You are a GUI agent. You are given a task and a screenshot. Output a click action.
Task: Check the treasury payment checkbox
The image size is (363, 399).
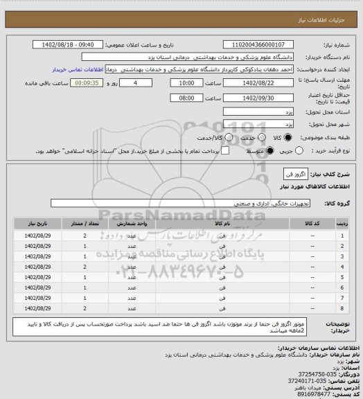205,150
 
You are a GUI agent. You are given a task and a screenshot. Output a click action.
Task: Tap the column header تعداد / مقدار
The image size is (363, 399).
85,224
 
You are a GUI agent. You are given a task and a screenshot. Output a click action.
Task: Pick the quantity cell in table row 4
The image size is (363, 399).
85,266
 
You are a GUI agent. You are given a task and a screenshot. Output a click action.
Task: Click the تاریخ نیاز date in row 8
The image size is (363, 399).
35,308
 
